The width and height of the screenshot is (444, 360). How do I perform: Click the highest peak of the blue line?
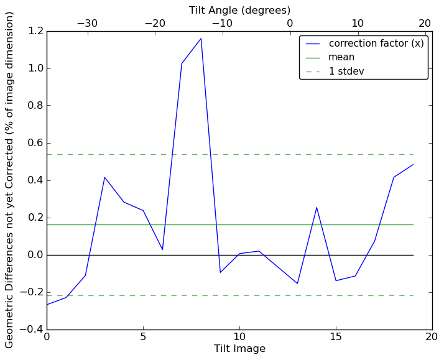[x=201, y=39]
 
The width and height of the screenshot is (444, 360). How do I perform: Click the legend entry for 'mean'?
[x=341, y=57]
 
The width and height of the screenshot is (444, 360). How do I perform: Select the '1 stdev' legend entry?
[x=346, y=72]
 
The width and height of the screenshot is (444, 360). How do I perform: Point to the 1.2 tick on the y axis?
[x=35, y=31]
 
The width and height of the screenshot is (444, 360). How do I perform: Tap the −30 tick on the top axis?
[x=87, y=23]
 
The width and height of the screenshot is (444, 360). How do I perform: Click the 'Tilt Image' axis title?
[x=239, y=349]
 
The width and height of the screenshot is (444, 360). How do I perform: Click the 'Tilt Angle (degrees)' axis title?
[x=239, y=10]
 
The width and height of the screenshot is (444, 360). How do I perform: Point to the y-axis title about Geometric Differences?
[x=9, y=180]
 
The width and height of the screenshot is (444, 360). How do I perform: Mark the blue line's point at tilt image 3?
[x=104, y=177]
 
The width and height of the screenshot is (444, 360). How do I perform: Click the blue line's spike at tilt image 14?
[x=317, y=208]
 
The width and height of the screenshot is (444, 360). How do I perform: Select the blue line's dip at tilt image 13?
[x=297, y=284]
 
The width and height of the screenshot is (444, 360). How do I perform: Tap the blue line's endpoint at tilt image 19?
[x=413, y=165]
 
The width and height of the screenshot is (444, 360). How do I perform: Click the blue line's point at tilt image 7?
[x=182, y=63]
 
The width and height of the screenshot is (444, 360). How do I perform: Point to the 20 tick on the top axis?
[x=425, y=23]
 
